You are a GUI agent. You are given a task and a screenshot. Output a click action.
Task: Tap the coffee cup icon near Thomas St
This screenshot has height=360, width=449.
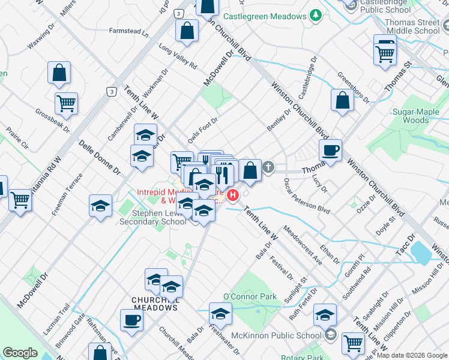(330, 150)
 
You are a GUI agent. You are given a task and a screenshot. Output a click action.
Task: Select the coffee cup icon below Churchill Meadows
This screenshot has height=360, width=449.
(131, 320)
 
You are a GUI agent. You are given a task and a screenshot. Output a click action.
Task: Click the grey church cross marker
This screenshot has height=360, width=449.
(268, 168)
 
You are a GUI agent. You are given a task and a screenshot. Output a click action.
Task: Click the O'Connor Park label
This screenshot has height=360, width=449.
(249, 296)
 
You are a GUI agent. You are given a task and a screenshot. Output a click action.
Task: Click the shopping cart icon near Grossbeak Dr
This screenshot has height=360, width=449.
(66, 103)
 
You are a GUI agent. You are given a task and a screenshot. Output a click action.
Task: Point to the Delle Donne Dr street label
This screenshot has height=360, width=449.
(100, 158)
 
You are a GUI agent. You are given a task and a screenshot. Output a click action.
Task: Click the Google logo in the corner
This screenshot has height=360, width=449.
(20, 353)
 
